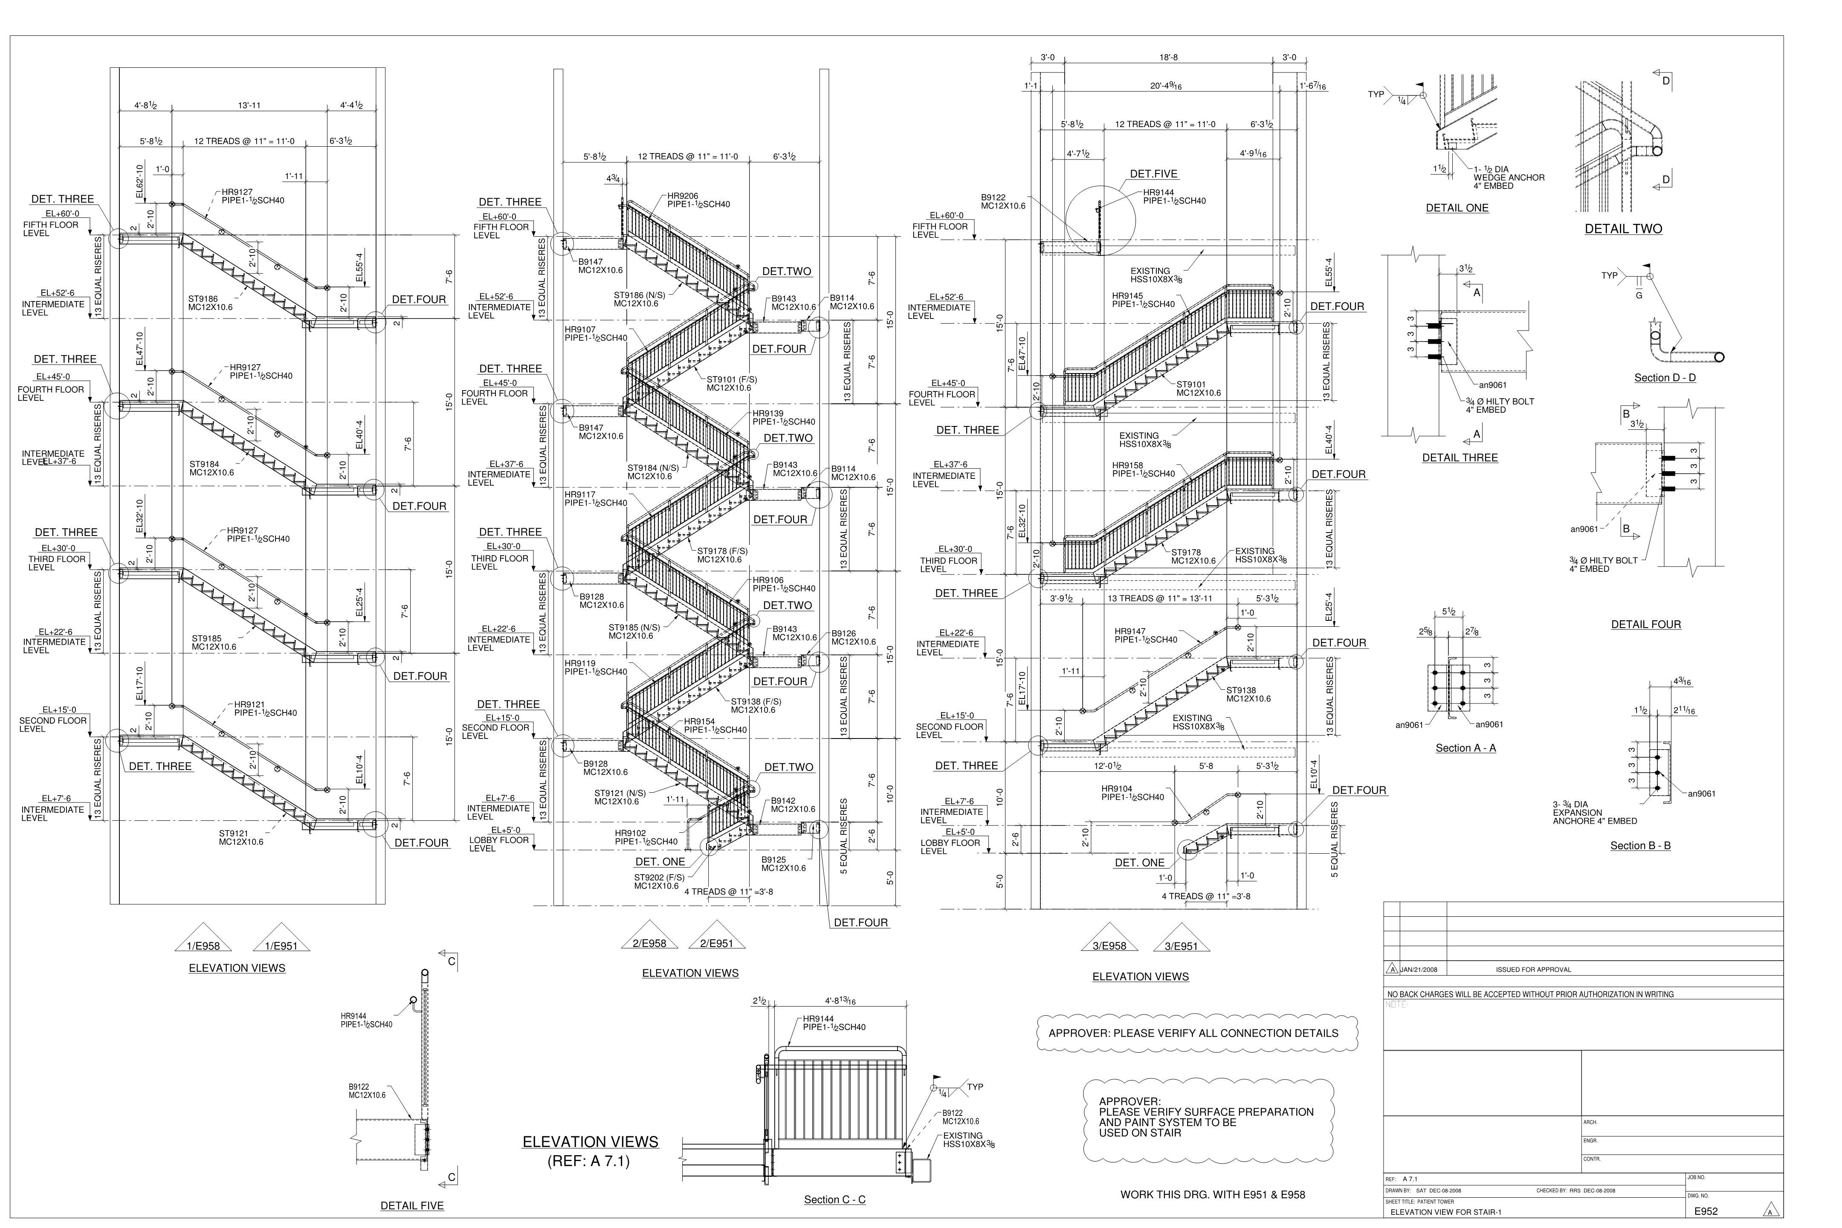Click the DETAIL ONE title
[x=1457, y=209]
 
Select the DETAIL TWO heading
[x=1623, y=229]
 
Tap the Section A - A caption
[x=1465, y=748]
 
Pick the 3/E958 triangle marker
[x=1109, y=946]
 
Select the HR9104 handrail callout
[x=1117, y=789]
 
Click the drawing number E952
[x=1705, y=1211]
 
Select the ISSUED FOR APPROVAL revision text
[x=1532, y=970]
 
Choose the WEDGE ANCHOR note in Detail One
[x=1509, y=178]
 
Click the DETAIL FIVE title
[x=412, y=1206]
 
